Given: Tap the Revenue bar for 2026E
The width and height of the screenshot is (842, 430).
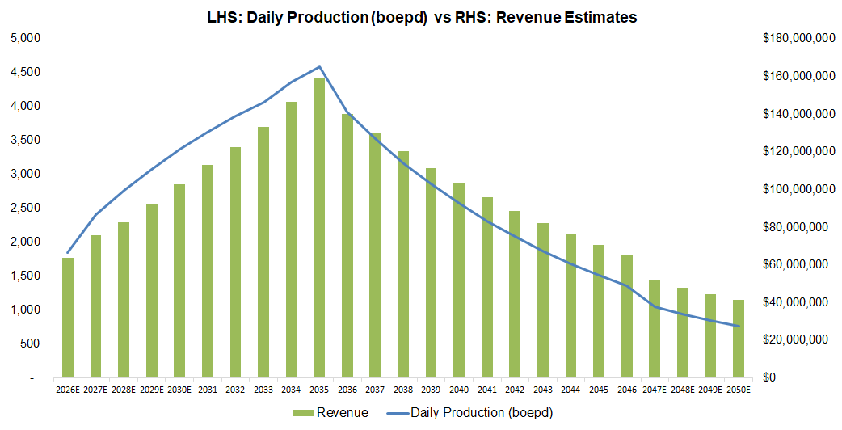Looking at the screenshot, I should click(68, 318).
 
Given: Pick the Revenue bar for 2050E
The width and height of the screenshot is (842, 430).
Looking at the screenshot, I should click(738, 339).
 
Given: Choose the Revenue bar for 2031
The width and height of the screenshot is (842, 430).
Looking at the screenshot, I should click(208, 271).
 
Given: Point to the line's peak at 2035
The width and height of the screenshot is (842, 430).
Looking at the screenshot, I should click(319, 66).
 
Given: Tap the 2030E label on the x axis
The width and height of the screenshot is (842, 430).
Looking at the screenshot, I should click(179, 389).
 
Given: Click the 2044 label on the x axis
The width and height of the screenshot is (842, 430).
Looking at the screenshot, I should click(570, 389).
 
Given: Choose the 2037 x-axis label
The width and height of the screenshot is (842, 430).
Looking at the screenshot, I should click(375, 389).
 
